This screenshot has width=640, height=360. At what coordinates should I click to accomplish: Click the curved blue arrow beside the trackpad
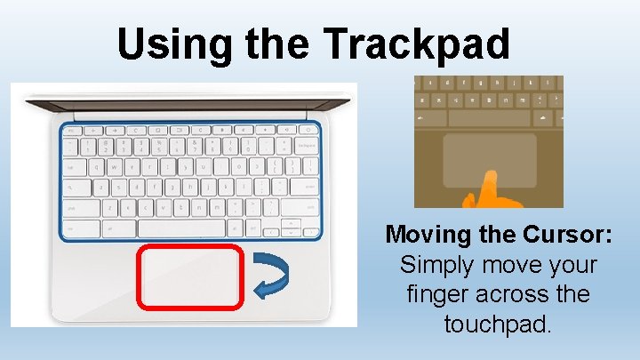269,276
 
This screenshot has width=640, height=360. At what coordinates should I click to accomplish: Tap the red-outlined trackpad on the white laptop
189,277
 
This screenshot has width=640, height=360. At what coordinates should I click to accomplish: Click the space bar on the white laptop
183,228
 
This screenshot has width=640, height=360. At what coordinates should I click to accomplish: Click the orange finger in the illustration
485,188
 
